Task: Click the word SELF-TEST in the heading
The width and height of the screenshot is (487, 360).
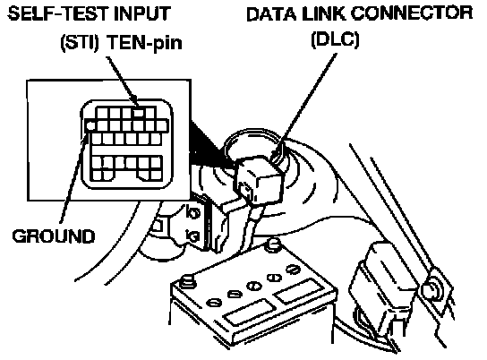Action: click(x=57, y=14)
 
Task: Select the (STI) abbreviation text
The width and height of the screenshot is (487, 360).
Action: click(x=80, y=42)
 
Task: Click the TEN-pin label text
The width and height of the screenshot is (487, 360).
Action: click(x=144, y=43)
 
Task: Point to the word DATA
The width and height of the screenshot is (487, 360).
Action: click(x=271, y=14)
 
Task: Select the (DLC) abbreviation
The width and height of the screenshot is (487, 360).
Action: click(x=335, y=39)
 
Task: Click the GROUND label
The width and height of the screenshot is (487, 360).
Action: click(x=54, y=236)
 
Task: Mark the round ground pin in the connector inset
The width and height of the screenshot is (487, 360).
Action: click(x=90, y=125)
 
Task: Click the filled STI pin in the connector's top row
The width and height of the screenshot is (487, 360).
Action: click(x=139, y=113)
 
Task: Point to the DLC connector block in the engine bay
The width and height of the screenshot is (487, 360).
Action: click(x=259, y=180)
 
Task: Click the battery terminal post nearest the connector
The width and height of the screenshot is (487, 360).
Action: click(x=274, y=243)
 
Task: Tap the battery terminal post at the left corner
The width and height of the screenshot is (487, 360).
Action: click(x=189, y=280)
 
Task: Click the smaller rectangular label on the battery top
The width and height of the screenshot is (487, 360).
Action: click(x=297, y=290)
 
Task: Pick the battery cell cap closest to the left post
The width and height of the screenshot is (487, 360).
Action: click(x=214, y=302)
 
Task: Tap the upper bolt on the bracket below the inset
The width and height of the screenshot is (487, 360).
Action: click(x=192, y=213)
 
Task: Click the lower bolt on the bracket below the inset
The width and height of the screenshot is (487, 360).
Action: click(x=192, y=236)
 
